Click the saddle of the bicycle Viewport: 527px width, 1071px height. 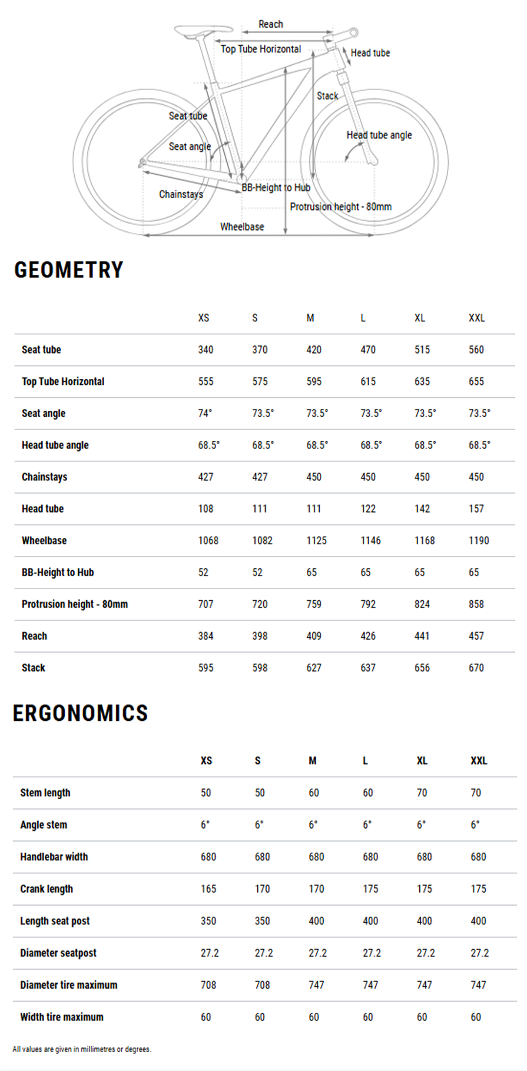tap(202, 29)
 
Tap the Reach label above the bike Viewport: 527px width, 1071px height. tap(270, 24)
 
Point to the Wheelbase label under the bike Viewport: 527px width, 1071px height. tap(242, 227)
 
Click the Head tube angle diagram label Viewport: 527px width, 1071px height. tap(379, 135)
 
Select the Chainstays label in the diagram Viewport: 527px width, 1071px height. tap(181, 194)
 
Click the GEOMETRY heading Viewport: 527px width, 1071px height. tap(69, 270)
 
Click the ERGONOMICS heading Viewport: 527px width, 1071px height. tap(80, 713)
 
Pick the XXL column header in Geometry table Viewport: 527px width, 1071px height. tap(476, 318)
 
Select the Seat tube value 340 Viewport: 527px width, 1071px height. tap(206, 350)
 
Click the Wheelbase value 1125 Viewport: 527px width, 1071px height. tap(316, 540)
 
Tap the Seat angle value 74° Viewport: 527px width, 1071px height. tap(204, 413)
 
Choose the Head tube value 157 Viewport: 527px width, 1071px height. tap(476, 508)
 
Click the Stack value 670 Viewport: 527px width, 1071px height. tap(476, 668)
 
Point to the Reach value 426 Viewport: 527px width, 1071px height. tap(368, 636)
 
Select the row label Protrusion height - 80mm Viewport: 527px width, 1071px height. tap(75, 604)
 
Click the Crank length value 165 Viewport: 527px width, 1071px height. tap(208, 889)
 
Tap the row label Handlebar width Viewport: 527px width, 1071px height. tap(54, 857)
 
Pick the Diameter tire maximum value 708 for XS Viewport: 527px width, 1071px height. tap(208, 984)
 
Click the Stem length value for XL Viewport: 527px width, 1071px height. tap(422, 793)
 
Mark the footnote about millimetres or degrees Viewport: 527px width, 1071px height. tap(82, 1049)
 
